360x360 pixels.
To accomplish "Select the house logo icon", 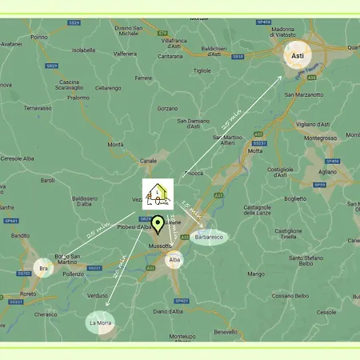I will click(157, 194).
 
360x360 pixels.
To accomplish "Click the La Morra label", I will click(101, 322).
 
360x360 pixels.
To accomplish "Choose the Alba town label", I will click(174, 260).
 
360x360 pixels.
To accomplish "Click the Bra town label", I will click(44, 268).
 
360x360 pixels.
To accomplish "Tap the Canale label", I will click(149, 161).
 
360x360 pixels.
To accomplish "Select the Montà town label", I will click(115, 144).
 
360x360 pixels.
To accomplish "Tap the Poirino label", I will click(38, 37).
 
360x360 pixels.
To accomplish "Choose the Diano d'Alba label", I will click(169, 311).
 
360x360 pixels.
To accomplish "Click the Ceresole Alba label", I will click(17, 158).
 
